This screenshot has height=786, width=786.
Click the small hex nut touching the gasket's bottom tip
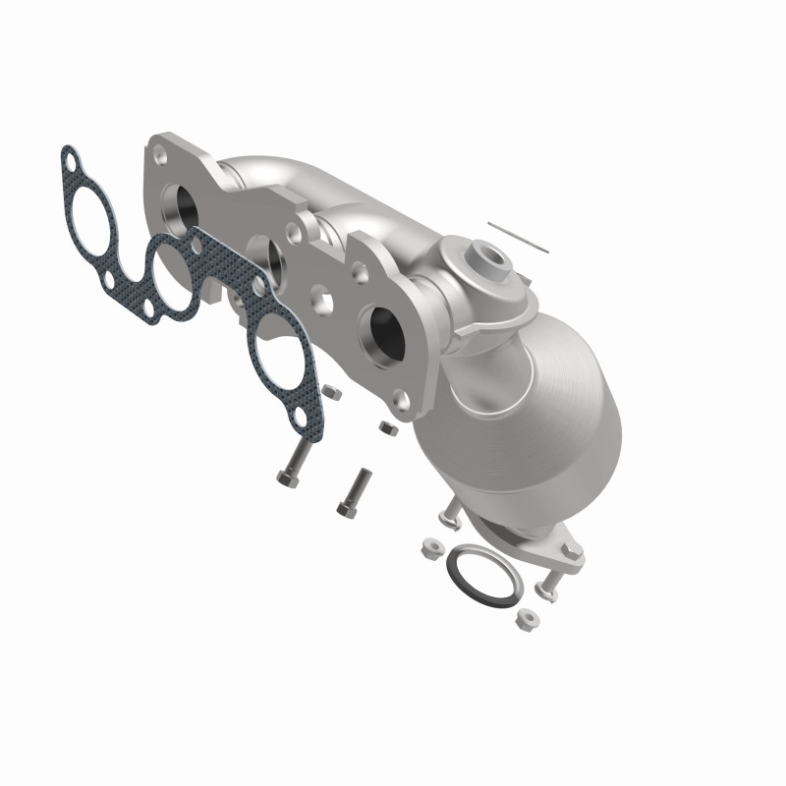[x=331, y=393]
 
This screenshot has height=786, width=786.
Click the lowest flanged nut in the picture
[x=525, y=620]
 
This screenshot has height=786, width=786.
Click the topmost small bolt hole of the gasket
[x=72, y=158]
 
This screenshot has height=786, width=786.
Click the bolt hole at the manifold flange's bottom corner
[x=400, y=401]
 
